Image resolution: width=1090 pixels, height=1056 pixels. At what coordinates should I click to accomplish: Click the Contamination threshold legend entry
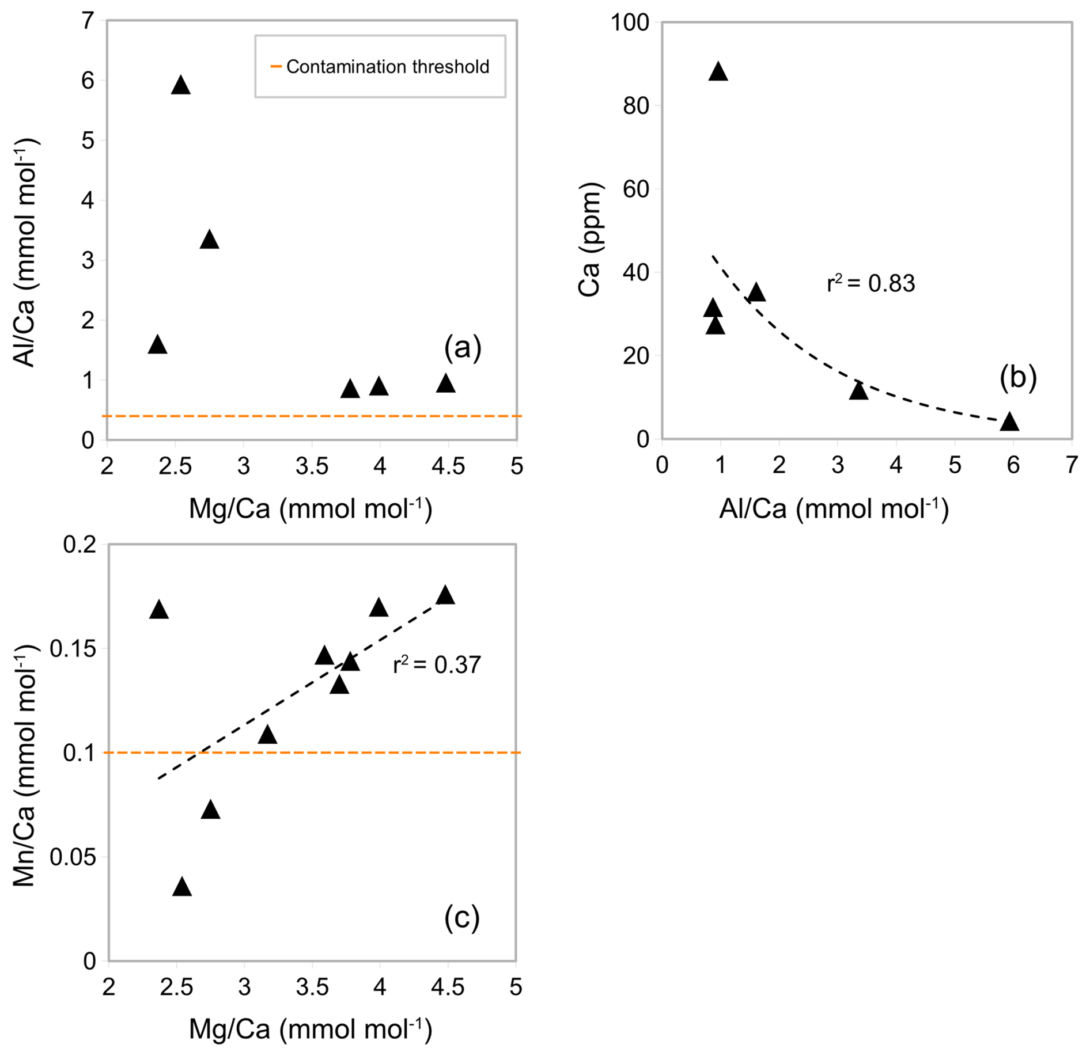click(380, 67)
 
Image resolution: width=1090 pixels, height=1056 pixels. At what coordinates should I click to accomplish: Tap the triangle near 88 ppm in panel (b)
click(718, 72)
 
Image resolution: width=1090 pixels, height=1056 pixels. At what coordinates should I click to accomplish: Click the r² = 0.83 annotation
click(871, 284)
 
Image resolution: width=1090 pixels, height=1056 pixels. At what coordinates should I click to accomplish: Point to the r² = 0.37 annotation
click(437, 665)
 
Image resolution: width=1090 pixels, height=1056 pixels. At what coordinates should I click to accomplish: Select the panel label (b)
click(1018, 378)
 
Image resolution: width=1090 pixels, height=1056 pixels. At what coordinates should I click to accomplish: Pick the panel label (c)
click(462, 918)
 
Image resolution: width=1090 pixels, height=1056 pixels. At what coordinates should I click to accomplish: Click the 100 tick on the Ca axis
click(630, 23)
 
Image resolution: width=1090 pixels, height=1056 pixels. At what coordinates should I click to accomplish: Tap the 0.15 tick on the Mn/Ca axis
click(73, 649)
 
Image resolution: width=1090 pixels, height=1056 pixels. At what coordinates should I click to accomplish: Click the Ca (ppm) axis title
click(590, 240)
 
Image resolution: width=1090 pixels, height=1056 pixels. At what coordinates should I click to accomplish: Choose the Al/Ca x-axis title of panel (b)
click(834, 509)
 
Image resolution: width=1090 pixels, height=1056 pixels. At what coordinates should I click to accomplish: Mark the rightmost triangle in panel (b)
click(1009, 422)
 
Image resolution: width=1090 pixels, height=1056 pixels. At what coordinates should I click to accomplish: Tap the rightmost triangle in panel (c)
click(445, 596)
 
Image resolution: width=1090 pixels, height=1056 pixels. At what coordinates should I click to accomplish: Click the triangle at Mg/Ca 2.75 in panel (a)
click(210, 240)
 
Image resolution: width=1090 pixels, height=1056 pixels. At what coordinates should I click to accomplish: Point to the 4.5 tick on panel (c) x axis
click(448, 988)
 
